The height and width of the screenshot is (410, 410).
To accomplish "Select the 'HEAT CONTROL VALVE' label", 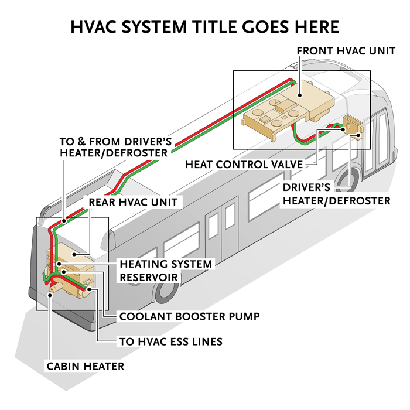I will pyautogui.click(x=244, y=165).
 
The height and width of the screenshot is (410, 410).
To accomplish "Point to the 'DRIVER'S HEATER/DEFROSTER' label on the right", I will pyautogui.click(x=336, y=194).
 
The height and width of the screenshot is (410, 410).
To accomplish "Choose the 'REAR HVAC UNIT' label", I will pyautogui.click(x=132, y=202).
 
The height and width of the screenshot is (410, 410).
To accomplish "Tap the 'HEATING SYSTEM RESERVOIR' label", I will pyautogui.click(x=165, y=270).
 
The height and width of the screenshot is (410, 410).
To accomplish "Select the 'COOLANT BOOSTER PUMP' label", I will pyautogui.click(x=189, y=316).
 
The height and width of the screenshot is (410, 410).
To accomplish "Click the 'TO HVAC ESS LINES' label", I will pyautogui.click(x=170, y=341).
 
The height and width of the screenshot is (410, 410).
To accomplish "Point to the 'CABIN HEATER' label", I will pyautogui.click(x=86, y=367).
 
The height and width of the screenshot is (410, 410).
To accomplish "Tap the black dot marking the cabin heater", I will pyautogui.click(x=52, y=295).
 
